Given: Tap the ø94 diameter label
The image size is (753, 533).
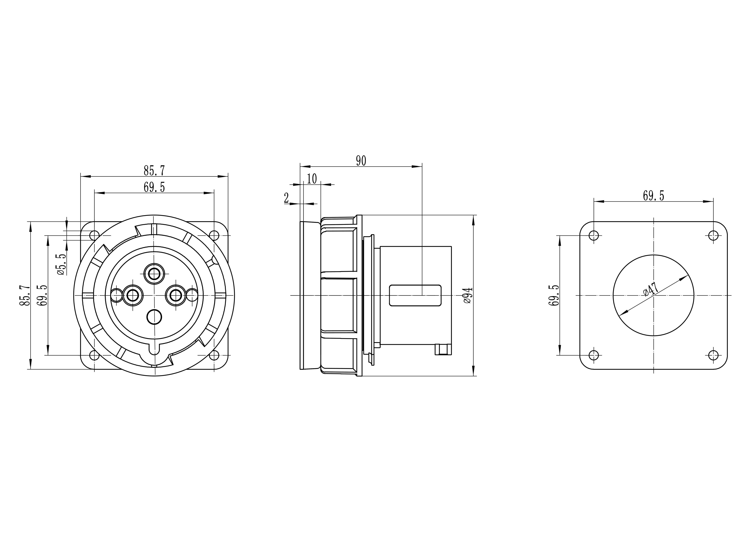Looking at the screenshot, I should tap(468, 295).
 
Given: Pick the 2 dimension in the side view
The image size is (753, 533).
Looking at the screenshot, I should tap(286, 198).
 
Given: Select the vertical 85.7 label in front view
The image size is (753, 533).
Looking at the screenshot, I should tap(25, 295).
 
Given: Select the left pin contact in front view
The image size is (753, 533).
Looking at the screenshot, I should tap(133, 295).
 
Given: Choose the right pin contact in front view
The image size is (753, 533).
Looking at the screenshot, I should tap(176, 295).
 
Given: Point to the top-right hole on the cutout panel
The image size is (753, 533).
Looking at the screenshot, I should tap(713, 235).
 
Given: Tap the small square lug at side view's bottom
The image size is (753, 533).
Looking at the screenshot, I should tap(443, 349).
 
